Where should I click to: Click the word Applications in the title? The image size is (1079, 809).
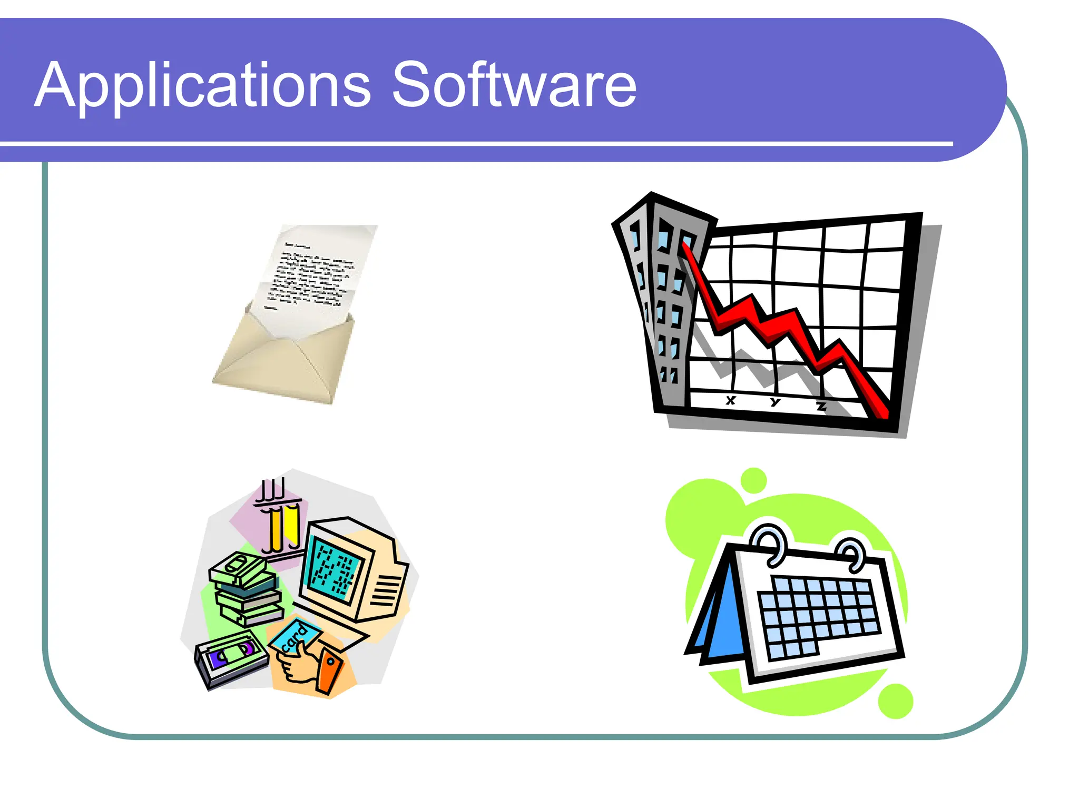point(203,85)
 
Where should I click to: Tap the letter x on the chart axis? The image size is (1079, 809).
point(730,400)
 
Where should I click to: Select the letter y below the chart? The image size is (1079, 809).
point(774,402)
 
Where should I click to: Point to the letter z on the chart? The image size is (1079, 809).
point(821,406)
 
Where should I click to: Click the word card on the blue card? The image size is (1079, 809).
point(295,637)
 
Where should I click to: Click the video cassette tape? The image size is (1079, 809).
point(232,658)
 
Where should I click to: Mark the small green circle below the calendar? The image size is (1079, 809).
point(896,701)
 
